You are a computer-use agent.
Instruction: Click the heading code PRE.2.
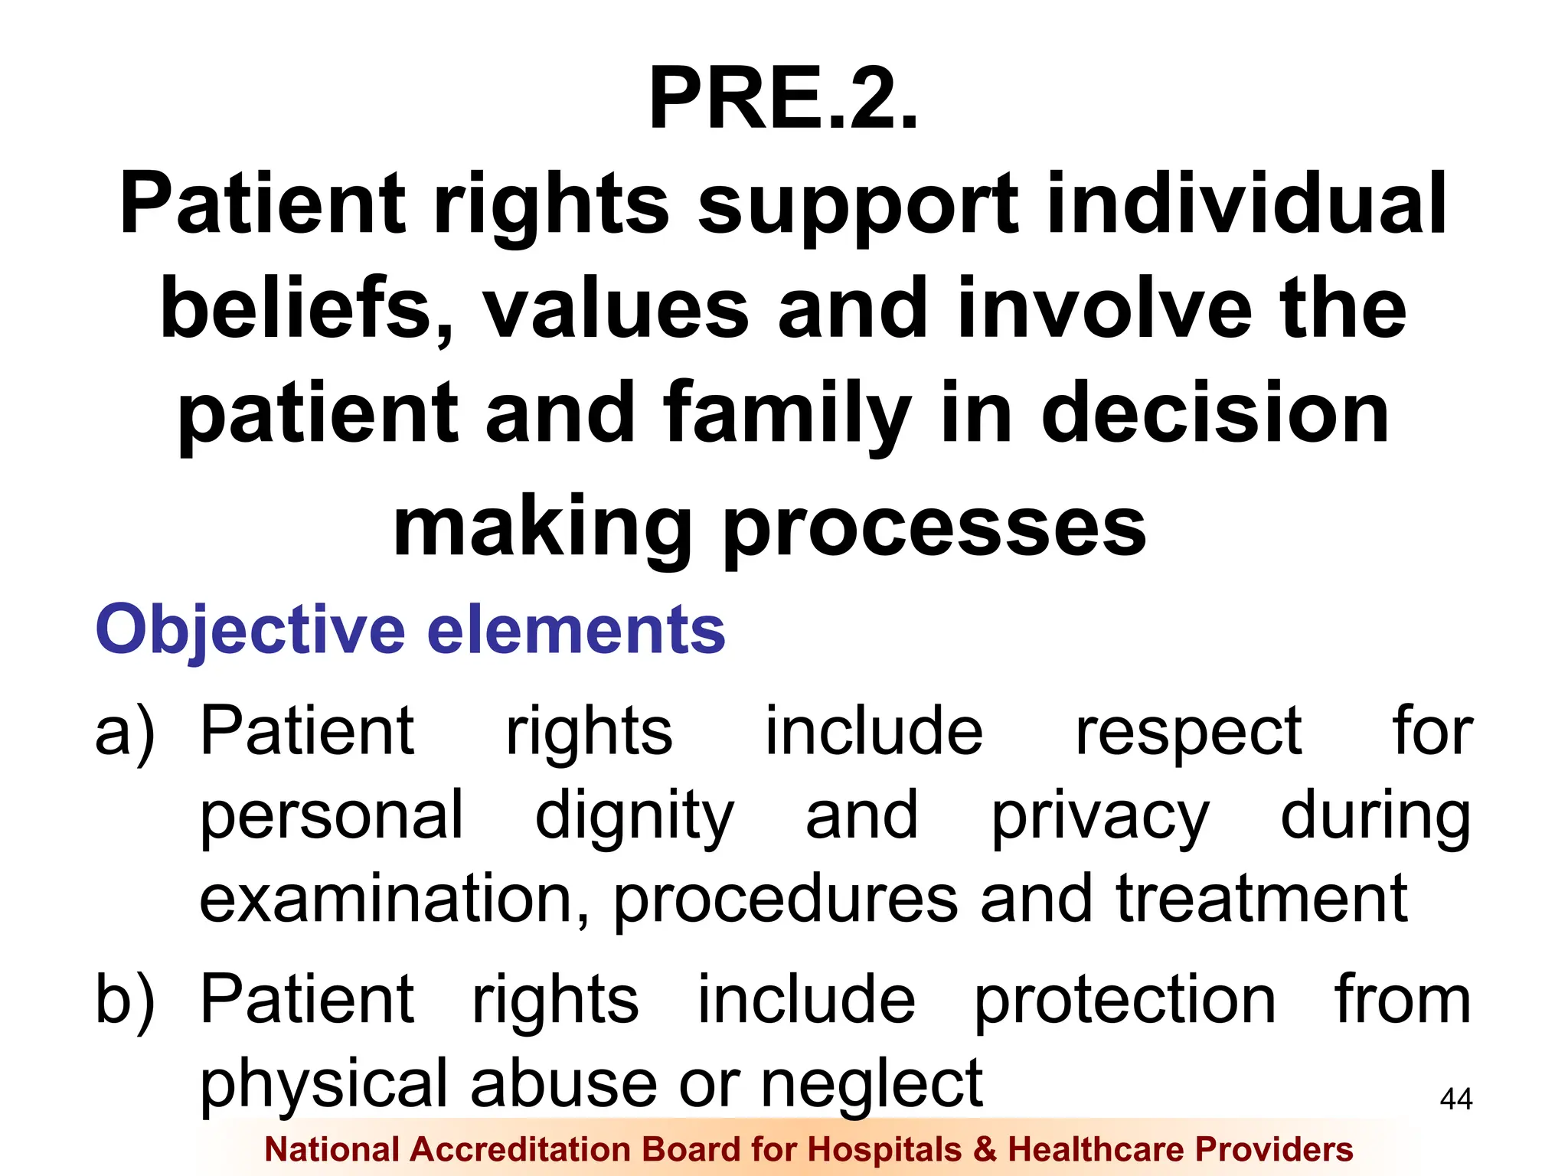(x=782, y=100)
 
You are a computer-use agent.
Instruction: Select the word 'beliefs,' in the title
(x=306, y=309)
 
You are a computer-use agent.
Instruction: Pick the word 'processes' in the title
(x=934, y=528)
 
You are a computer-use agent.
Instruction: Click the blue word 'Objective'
(x=250, y=631)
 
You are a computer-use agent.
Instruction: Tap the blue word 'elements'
(x=576, y=629)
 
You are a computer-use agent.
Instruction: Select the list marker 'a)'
(x=125, y=732)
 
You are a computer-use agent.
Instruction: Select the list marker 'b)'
(x=125, y=1000)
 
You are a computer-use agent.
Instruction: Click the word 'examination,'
(x=395, y=900)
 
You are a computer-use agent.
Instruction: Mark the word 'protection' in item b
(x=1125, y=1001)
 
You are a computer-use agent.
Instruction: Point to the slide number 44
(x=1455, y=1099)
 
